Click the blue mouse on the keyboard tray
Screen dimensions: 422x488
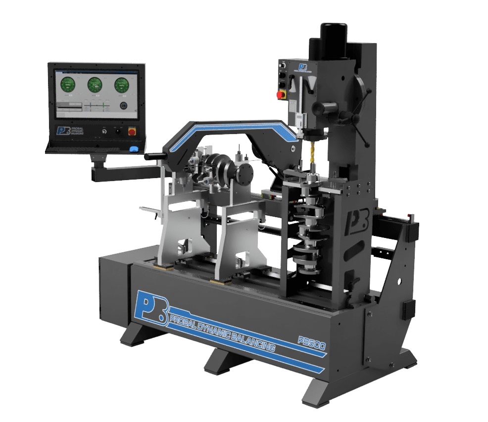pos(133,149)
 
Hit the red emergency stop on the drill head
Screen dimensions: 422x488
pos(280,94)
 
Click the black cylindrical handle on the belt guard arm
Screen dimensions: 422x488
pos(154,157)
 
